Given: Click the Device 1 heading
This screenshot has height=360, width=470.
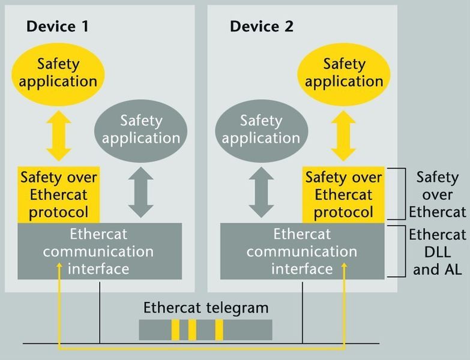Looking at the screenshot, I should pos(58,26).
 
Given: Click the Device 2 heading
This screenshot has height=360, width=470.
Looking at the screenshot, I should pos(261,26).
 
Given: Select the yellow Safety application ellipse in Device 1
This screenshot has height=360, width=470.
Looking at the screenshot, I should pos(58,72).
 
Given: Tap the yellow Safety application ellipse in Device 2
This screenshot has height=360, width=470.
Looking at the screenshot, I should pos(344,72).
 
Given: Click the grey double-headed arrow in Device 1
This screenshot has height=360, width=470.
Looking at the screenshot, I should pos(140,191).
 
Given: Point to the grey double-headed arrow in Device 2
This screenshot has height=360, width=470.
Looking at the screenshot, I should pos(261,191).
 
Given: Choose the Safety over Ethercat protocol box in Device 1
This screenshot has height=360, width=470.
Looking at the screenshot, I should pos(58,194).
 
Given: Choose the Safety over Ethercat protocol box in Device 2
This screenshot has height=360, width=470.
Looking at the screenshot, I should pos(343,194).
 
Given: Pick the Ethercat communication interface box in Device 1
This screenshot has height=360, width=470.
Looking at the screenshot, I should pos(99,251).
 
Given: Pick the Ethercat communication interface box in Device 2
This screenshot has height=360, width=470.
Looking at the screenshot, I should pos(302,251).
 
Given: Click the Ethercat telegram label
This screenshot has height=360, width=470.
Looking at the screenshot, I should pos(205,308).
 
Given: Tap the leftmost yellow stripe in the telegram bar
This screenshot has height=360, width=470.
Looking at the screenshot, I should pos(175,329).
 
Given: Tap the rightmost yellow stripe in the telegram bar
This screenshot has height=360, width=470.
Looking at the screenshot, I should pos(219,329).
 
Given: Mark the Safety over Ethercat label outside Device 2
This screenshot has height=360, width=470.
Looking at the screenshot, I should pos(441,194).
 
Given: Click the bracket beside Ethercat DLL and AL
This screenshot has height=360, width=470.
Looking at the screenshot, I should pos(396,251).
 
